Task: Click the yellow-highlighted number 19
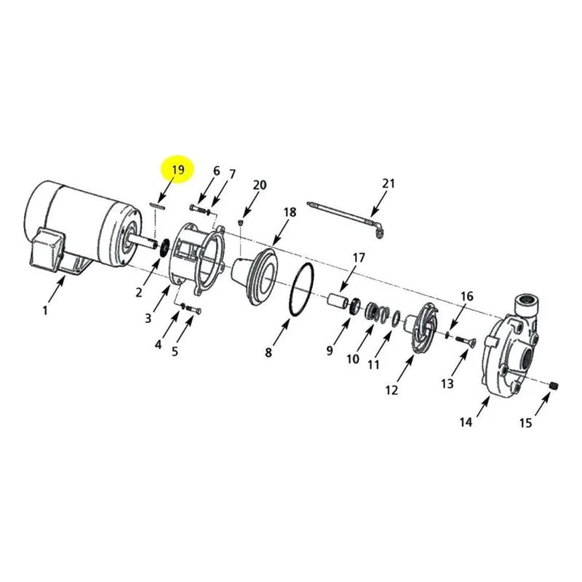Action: (178, 170)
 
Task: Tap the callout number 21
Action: (388, 183)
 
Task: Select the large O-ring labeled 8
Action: (302, 290)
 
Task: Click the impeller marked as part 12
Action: (423, 327)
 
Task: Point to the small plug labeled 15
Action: (554, 386)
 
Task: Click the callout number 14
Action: (466, 422)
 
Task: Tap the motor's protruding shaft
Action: (142, 243)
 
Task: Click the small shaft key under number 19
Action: (156, 206)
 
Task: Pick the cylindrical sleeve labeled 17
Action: (338, 300)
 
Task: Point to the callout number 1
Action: (45, 310)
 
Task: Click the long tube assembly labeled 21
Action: (346, 220)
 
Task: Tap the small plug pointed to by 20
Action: (240, 223)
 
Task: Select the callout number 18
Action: (290, 212)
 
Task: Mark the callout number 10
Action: (353, 359)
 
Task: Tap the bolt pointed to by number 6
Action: (197, 208)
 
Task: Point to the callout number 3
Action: (148, 318)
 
